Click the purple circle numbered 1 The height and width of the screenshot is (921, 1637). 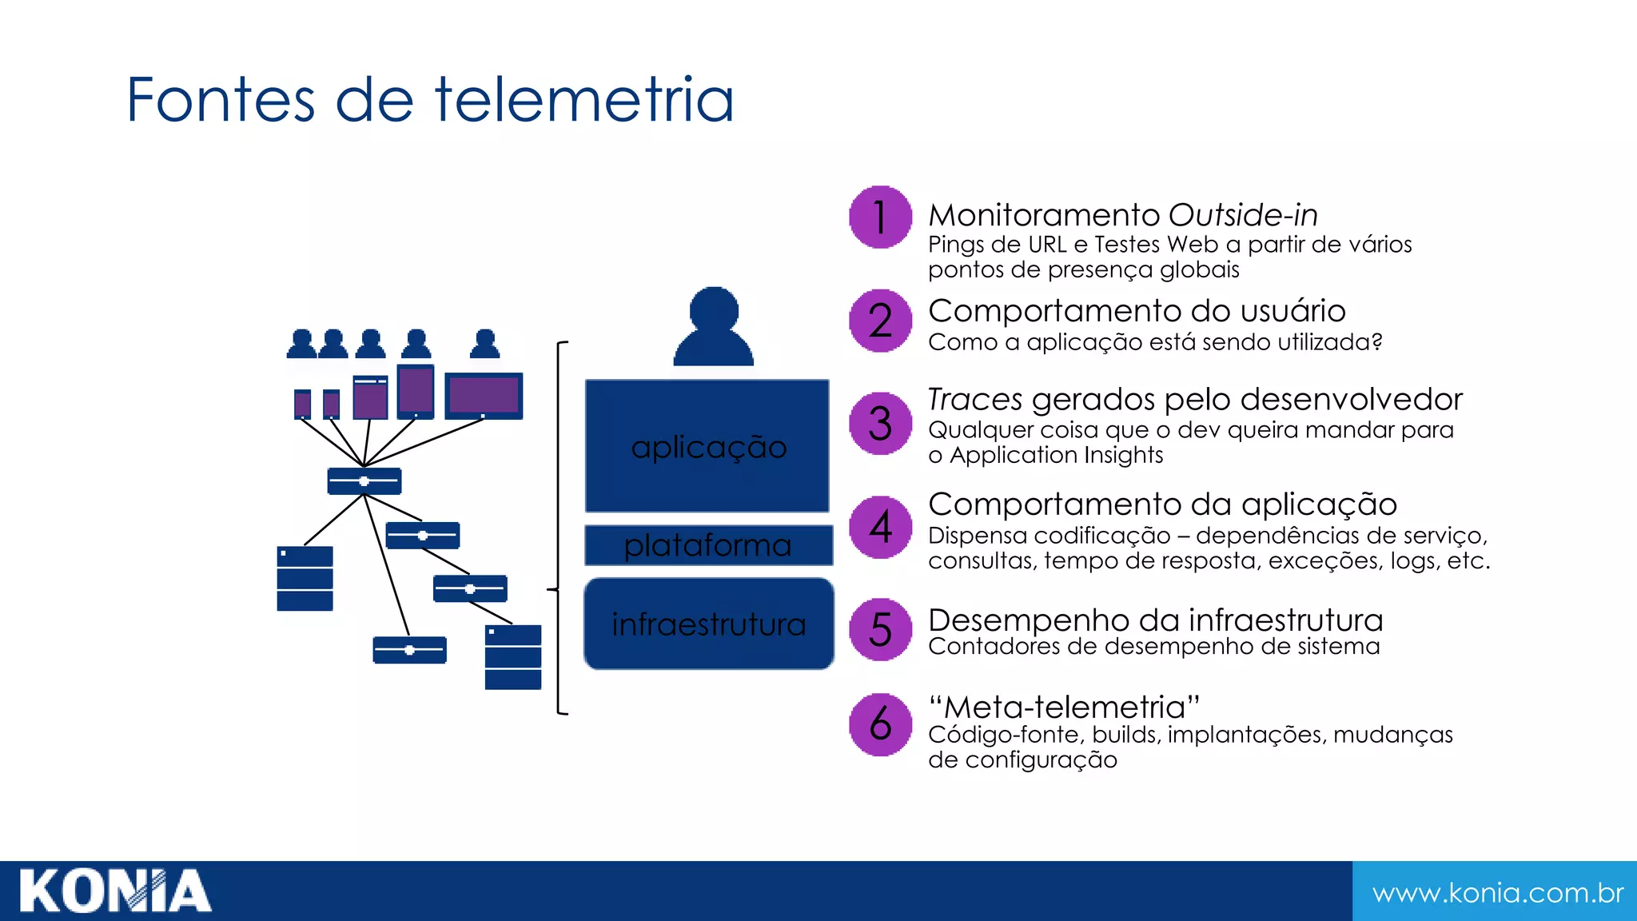880,217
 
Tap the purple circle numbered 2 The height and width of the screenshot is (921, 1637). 880,321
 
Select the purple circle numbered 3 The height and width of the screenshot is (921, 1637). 880,424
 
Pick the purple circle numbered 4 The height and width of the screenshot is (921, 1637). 880,527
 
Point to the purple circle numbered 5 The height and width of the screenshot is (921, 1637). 880,629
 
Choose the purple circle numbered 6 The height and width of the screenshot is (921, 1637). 880,724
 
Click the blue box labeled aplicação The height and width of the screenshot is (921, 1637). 707,446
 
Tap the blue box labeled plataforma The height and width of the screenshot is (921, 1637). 707,545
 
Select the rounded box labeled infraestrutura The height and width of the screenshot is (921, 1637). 709,624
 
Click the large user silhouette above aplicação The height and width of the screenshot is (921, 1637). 713,328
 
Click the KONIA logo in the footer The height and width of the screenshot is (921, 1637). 115,891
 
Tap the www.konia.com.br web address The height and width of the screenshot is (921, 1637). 1497,892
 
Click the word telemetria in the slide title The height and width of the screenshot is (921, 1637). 584,100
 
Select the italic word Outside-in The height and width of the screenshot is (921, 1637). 1243,215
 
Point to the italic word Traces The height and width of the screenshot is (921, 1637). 975,399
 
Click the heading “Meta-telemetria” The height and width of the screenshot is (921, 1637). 1064,707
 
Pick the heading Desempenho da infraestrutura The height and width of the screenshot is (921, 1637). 1156,620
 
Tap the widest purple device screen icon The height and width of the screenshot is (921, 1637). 484,395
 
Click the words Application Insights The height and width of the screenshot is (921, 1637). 1056,455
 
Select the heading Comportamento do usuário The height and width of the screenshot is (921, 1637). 1137,311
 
